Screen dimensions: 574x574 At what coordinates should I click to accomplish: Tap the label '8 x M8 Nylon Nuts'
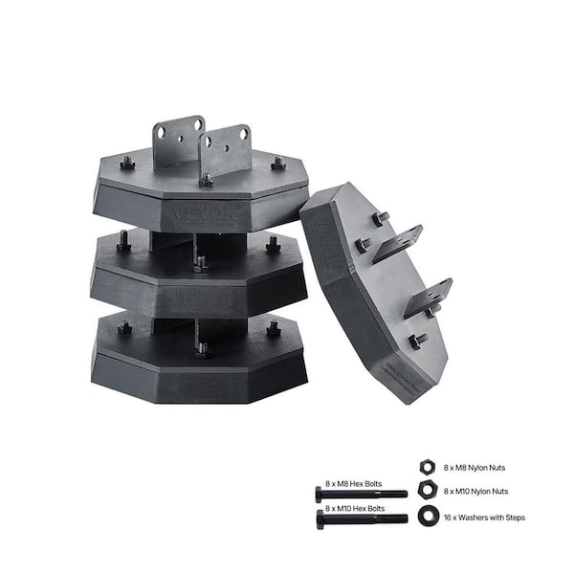tap(475, 467)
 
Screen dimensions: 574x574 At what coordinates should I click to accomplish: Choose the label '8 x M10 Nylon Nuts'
tap(476, 492)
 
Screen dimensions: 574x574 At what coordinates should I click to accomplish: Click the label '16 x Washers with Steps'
tap(484, 518)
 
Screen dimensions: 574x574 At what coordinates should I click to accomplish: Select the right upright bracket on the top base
tap(226, 149)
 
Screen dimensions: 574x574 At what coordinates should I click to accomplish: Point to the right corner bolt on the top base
tap(277, 165)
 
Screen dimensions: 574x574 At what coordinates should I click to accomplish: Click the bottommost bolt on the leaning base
tap(417, 342)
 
